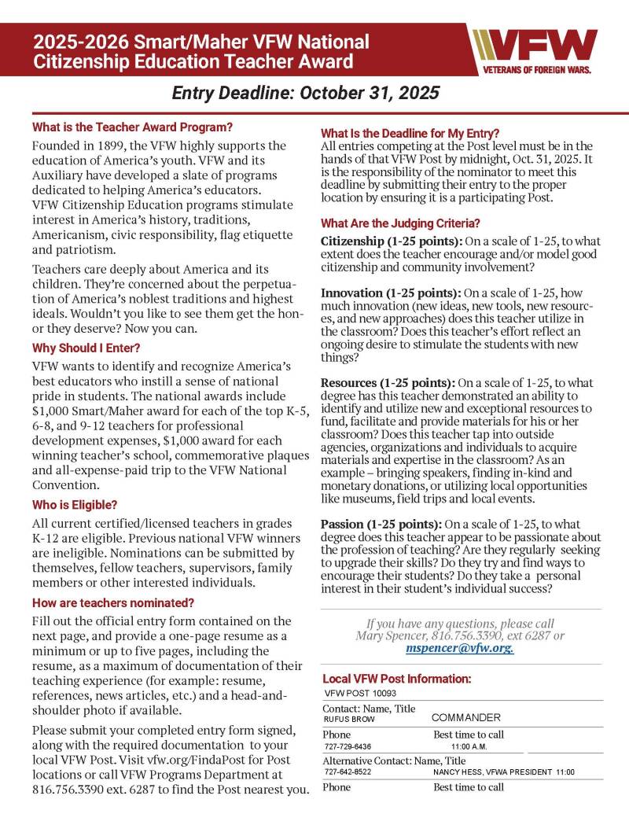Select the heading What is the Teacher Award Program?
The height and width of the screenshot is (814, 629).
[x=132, y=127]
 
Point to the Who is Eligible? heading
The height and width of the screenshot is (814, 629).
[x=75, y=504]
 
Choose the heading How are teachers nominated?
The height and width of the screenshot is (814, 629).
[x=113, y=602]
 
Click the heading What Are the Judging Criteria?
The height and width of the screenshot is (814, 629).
[x=400, y=223]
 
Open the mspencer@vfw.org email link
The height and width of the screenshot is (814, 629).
[x=460, y=649]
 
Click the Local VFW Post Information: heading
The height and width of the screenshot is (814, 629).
[x=396, y=678]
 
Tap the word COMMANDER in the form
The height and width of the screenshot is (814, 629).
[x=465, y=718]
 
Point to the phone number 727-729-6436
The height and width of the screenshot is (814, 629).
[x=348, y=746]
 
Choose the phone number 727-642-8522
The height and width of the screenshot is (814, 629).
[x=348, y=772]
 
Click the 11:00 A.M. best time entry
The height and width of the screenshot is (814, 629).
[x=469, y=746]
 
